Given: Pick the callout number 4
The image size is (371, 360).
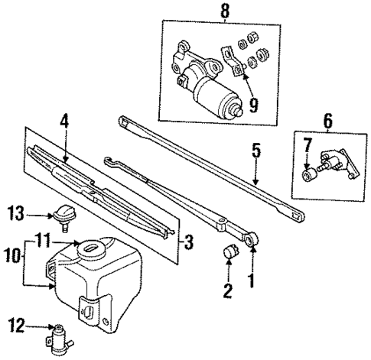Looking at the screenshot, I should (64, 121).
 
